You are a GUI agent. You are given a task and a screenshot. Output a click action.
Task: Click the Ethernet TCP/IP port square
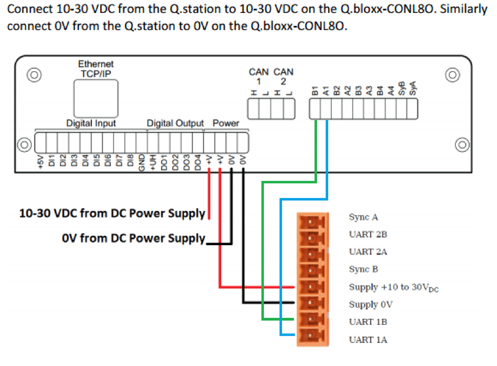tap(96, 99)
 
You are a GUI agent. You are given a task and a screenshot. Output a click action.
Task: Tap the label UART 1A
tap(368, 340)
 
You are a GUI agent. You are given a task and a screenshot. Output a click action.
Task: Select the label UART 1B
tap(368, 322)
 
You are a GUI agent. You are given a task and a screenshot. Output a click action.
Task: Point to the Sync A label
tap(363, 217)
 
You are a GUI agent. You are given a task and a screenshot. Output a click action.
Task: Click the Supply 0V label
tap(371, 304)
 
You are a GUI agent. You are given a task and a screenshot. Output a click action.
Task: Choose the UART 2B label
tap(368, 235)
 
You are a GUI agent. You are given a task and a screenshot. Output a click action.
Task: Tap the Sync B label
tap(363, 269)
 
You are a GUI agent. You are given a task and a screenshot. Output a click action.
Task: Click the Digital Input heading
tap(91, 123)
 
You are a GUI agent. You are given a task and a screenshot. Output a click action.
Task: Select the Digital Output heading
tap(175, 123)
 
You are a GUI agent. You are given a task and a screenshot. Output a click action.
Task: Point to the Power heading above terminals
tap(226, 123)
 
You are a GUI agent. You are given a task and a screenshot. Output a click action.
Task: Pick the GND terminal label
tap(142, 163)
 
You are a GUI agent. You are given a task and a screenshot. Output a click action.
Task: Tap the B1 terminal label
tap(315, 90)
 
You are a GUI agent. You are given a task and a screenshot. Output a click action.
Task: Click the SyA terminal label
tap(412, 88)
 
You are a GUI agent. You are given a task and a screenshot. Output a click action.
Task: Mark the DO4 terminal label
tap(198, 163)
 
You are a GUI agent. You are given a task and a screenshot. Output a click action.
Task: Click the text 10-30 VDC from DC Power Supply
tap(112, 213)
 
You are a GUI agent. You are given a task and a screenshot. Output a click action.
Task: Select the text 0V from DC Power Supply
tap(133, 238)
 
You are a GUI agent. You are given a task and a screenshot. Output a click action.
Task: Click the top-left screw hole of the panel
tap(34, 75)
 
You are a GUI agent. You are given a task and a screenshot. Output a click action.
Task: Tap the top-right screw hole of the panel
tap(453, 75)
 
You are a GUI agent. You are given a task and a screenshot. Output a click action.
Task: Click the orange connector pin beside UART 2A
tap(312, 253)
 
